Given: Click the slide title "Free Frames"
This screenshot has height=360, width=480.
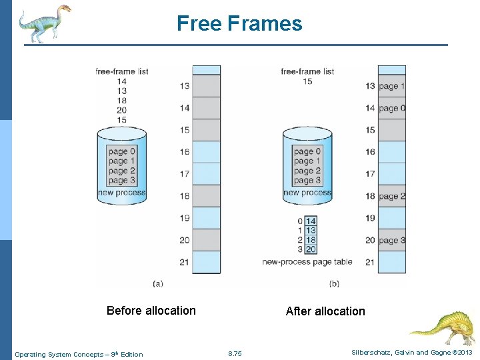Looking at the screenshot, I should pyautogui.click(x=239, y=24).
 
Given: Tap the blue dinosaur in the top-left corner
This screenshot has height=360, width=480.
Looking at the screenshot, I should pyautogui.click(x=44, y=23).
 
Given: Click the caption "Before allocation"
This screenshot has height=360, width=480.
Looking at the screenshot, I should pyautogui.click(x=151, y=311).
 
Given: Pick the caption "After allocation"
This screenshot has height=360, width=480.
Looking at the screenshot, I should pyautogui.click(x=325, y=311).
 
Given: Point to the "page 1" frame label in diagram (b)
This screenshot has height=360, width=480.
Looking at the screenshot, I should pyautogui.click(x=392, y=86).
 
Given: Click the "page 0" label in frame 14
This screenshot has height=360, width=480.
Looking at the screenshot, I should pyautogui.click(x=392, y=108).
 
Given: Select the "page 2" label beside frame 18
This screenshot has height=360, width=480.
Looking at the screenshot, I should pyautogui.click(x=392, y=197).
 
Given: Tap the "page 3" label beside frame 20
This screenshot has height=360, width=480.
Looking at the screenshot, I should pyautogui.click(x=392, y=241).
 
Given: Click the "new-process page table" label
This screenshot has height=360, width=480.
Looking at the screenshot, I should pyautogui.click(x=307, y=262).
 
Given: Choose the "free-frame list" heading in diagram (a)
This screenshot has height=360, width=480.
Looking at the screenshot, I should pyautogui.click(x=121, y=71).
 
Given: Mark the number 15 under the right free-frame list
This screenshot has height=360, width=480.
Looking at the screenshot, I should pyautogui.click(x=307, y=81).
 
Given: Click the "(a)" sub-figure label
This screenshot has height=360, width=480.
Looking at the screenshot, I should pyautogui.click(x=158, y=283).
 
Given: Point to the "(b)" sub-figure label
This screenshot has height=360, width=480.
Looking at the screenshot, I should pyautogui.click(x=334, y=283).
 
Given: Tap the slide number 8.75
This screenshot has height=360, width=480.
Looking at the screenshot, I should pyautogui.click(x=235, y=354).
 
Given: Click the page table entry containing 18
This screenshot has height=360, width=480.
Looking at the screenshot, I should pyautogui.click(x=311, y=240).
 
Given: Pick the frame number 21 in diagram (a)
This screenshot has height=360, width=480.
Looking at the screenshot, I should pyautogui.click(x=184, y=262).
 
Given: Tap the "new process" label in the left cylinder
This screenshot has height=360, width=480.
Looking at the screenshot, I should pyautogui.click(x=121, y=193).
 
